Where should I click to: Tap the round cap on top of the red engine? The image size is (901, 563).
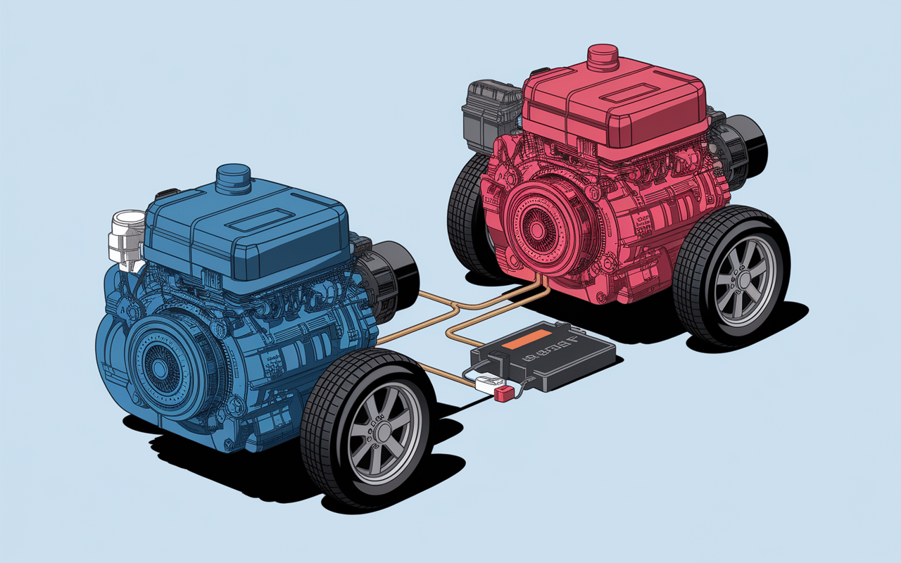(602, 56)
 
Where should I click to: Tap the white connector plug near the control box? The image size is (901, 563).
(484, 382)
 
